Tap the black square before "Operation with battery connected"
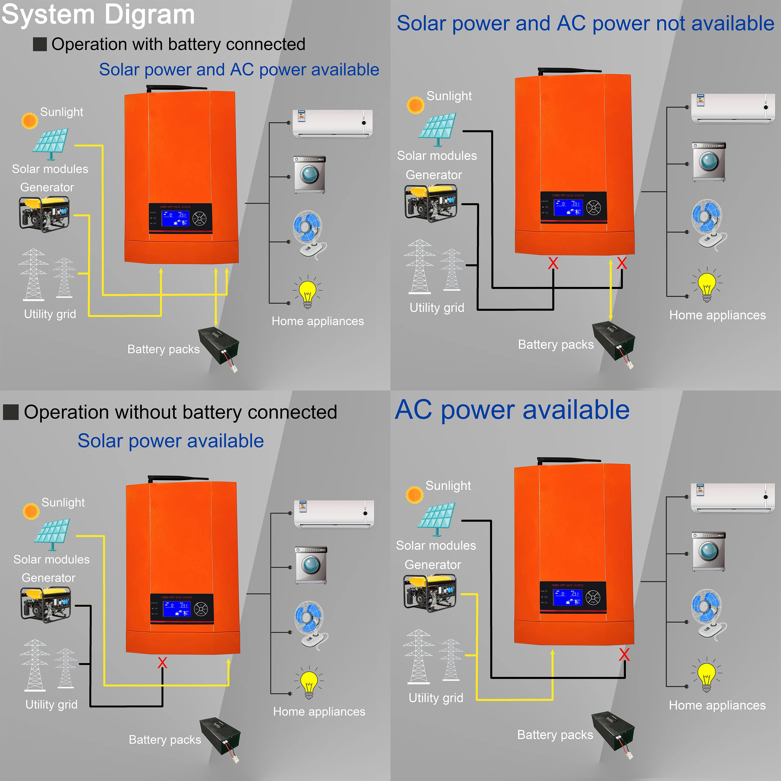(40, 44)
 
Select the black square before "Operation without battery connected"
(11, 412)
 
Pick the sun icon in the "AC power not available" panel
(415, 105)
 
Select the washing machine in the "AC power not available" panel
(709, 162)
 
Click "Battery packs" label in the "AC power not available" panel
(556, 344)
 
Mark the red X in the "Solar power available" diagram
(162, 663)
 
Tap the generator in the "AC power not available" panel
(431, 203)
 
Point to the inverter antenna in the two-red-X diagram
(570, 71)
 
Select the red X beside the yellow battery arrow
(622, 263)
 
